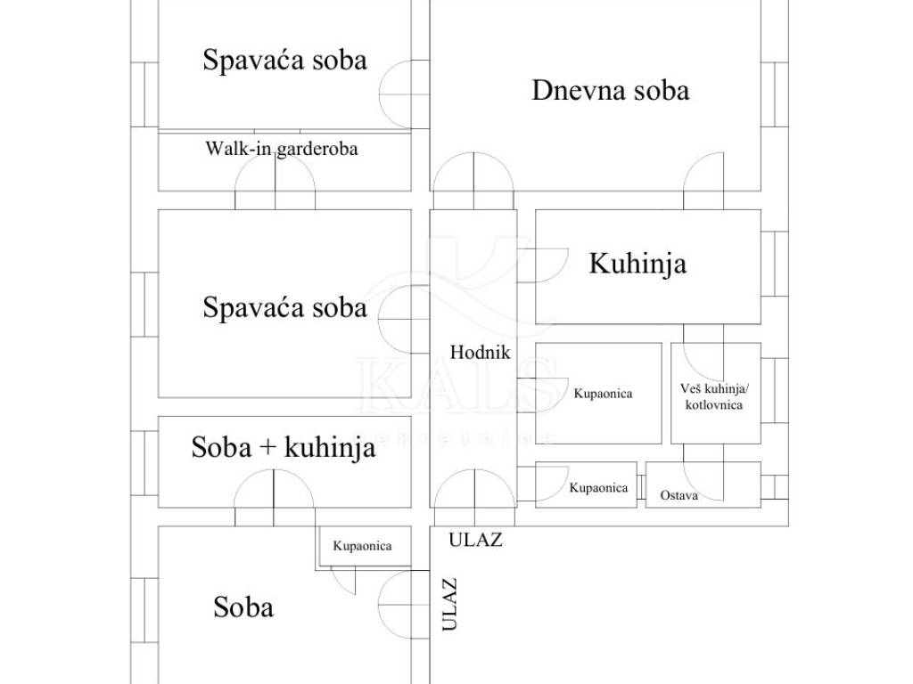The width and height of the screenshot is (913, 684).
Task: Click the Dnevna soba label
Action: point(610,91)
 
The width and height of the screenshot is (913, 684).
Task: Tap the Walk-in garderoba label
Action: point(281,149)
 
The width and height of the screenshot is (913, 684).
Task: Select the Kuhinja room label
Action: point(637,264)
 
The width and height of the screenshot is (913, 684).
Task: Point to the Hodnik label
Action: point(480,352)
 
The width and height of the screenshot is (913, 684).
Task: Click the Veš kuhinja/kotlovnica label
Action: point(714,396)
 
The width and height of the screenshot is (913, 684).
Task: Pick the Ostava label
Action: point(679,495)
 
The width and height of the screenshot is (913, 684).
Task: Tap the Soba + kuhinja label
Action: point(283,448)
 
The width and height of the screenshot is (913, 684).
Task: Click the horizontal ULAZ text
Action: point(475,541)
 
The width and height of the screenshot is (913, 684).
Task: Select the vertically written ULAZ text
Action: point(449,605)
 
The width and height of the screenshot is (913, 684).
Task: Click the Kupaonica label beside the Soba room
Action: point(362,546)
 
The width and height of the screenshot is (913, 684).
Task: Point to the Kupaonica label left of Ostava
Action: point(598,488)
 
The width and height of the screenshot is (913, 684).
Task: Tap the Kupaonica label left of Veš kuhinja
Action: point(604,394)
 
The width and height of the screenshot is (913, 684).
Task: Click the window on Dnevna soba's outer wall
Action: point(775,94)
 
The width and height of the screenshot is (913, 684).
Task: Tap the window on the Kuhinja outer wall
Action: point(775,264)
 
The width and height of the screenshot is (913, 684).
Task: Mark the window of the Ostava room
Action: point(775,487)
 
